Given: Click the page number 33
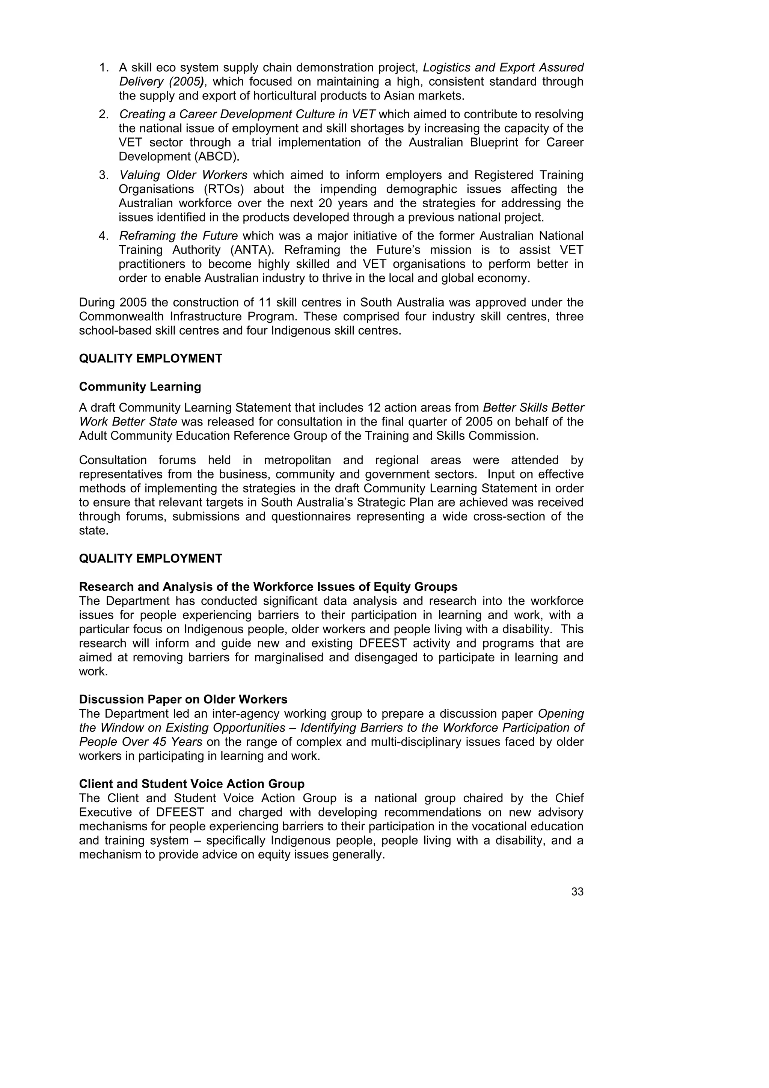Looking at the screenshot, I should (577, 892).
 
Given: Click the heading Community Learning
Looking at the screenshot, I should (140, 387).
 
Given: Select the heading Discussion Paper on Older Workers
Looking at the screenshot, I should (183, 699).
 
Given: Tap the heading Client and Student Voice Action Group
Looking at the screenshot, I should (191, 784).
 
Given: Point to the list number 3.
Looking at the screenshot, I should (104, 175).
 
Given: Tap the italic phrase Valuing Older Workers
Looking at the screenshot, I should (183, 175).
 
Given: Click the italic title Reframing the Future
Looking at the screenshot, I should (178, 236).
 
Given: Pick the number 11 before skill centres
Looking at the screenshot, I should (264, 303).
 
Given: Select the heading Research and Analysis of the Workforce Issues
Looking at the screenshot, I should (268, 587).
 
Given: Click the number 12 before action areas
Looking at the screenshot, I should (373, 408).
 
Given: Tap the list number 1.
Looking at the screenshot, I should (104, 68).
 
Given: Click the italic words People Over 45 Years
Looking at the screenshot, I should (141, 742).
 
